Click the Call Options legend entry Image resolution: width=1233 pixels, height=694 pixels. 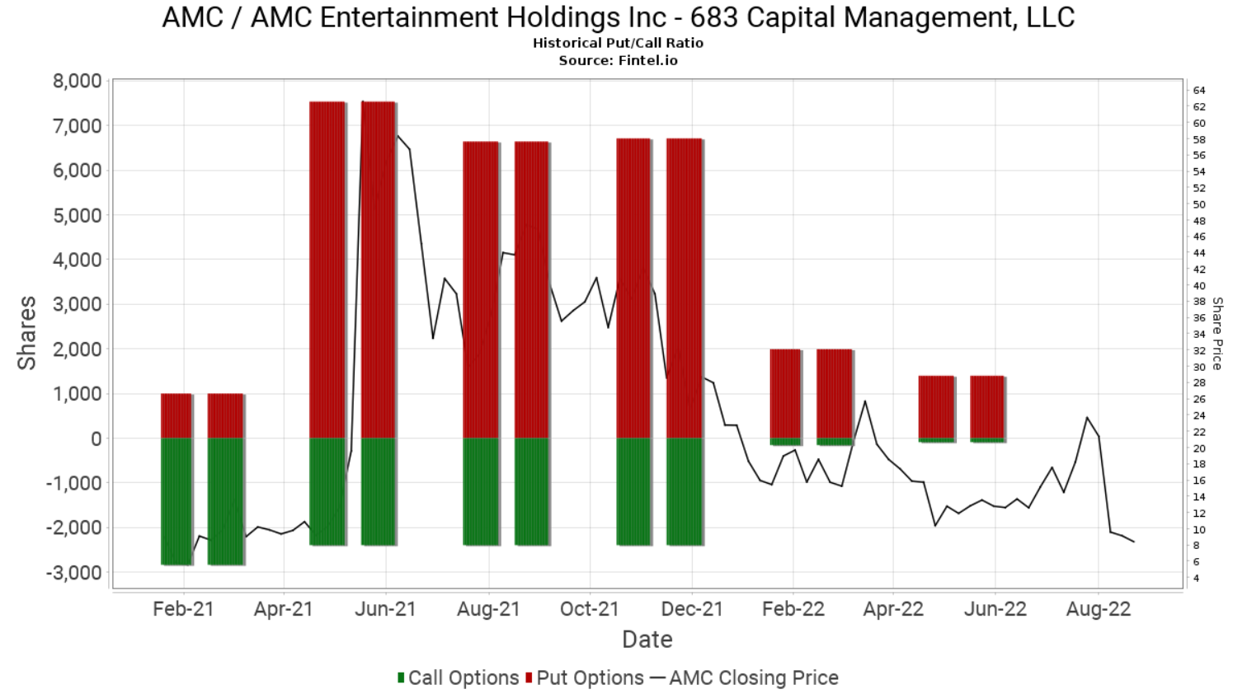(458, 678)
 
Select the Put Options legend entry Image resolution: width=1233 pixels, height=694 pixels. (589, 678)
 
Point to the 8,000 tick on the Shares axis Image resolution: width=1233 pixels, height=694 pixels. (77, 81)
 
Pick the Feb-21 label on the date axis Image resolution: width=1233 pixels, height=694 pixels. (183, 609)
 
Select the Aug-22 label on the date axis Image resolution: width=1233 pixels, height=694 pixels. (1098, 609)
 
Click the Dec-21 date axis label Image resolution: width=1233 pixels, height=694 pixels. (692, 609)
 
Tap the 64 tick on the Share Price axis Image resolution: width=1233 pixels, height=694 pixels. (1198, 90)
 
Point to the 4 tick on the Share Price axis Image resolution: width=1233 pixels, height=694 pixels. (1196, 579)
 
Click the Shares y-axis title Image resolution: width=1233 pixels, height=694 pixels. (27, 333)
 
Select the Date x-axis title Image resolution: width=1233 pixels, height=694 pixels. (647, 640)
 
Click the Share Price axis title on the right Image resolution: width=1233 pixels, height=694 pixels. (1217, 333)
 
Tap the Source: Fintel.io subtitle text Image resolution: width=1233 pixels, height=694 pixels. (618, 60)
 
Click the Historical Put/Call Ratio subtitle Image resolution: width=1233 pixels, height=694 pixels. (618, 43)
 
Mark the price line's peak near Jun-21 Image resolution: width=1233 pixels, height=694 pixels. (363, 102)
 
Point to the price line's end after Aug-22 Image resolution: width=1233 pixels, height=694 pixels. (1134, 542)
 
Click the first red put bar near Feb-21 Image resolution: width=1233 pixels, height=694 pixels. (176, 415)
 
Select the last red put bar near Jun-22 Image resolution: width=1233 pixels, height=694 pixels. (987, 407)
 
